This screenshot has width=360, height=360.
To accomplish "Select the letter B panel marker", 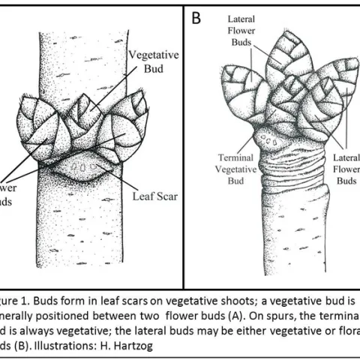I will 196,17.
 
